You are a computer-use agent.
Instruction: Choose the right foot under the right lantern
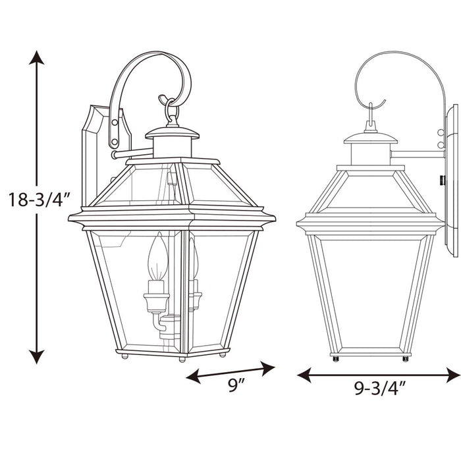(x=404, y=359)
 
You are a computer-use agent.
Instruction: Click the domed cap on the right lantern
(x=371, y=138)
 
